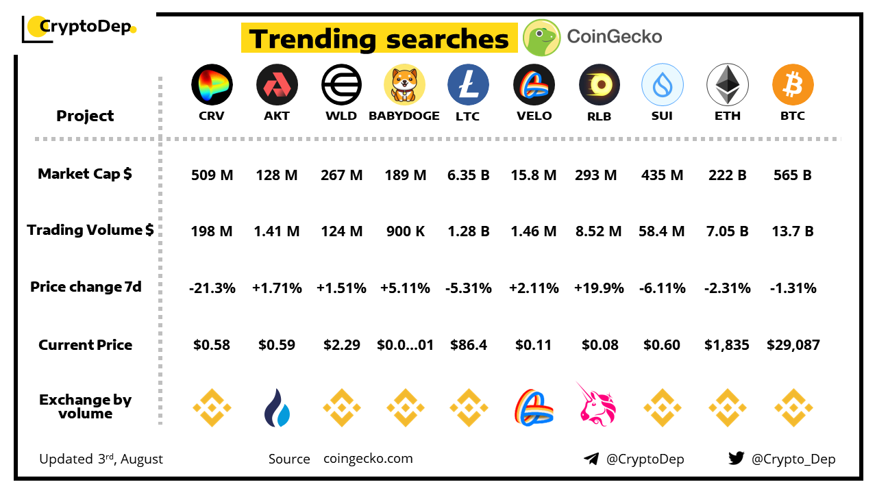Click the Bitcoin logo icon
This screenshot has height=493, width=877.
coord(793,85)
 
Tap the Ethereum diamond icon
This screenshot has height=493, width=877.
coord(727,85)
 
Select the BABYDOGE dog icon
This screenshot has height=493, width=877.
coord(404,85)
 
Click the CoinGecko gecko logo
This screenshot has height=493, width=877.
coord(542,38)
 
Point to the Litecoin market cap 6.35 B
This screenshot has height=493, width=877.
coord(469,175)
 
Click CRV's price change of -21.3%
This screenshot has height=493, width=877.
coord(212,288)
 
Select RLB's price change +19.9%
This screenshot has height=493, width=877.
coord(599,288)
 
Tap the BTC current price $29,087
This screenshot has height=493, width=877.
coord(793,345)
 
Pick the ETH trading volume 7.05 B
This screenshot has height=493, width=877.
coord(727,231)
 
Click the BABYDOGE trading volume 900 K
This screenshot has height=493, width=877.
coord(405,231)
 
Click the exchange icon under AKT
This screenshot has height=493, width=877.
coord(277,407)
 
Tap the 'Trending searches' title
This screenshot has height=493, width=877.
coord(379,39)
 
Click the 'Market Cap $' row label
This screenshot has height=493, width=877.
coord(85,174)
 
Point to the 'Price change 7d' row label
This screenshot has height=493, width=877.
coord(86,287)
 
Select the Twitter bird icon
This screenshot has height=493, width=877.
coord(736,459)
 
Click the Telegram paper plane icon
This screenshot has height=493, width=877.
coord(591,459)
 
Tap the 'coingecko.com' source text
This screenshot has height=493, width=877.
coord(368,459)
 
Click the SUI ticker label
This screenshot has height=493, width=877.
coord(662,116)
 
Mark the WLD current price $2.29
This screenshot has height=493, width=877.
coord(342,345)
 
